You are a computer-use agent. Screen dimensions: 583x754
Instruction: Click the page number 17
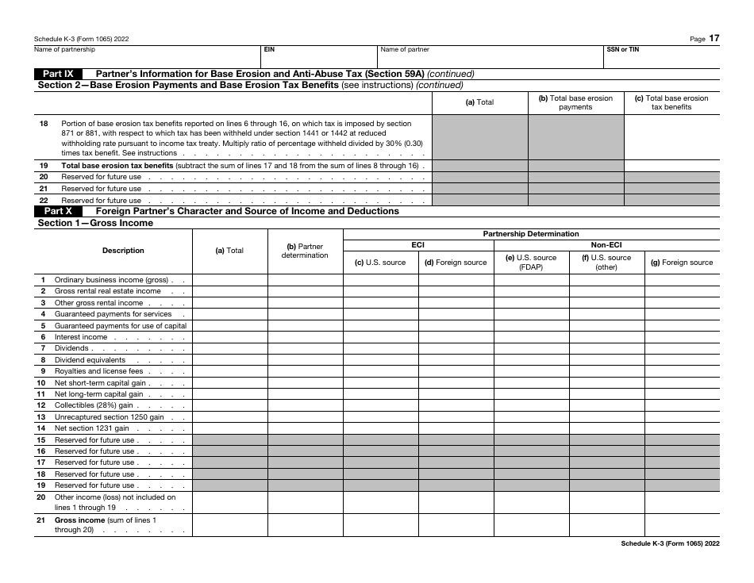pos(714,37)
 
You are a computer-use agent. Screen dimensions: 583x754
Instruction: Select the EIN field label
pos(269,49)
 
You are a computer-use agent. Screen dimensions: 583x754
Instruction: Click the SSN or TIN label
pos(622,49)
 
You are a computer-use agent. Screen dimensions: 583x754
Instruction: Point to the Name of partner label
pos(405,49)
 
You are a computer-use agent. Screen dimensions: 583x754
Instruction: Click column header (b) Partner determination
pos(305,251)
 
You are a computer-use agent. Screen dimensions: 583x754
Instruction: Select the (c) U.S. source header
pos(380,263)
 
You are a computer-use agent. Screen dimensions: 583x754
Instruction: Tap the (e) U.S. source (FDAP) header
pos(531,263)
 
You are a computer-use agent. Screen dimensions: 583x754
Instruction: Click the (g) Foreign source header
pos(682,263)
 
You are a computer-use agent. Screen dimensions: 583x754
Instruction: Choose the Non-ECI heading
pos(606,246)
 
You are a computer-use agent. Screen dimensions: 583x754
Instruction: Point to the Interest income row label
pos(80,337)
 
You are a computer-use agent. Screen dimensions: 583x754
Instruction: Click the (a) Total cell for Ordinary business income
pos(229,280)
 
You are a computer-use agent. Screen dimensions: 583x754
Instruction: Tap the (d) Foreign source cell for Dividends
pos(456,348)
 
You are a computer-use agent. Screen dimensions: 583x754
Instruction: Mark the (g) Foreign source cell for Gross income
pos(682,525)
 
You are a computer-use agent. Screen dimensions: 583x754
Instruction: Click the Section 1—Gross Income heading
pos(95,224)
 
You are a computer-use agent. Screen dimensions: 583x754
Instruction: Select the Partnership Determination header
pos(531,234)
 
